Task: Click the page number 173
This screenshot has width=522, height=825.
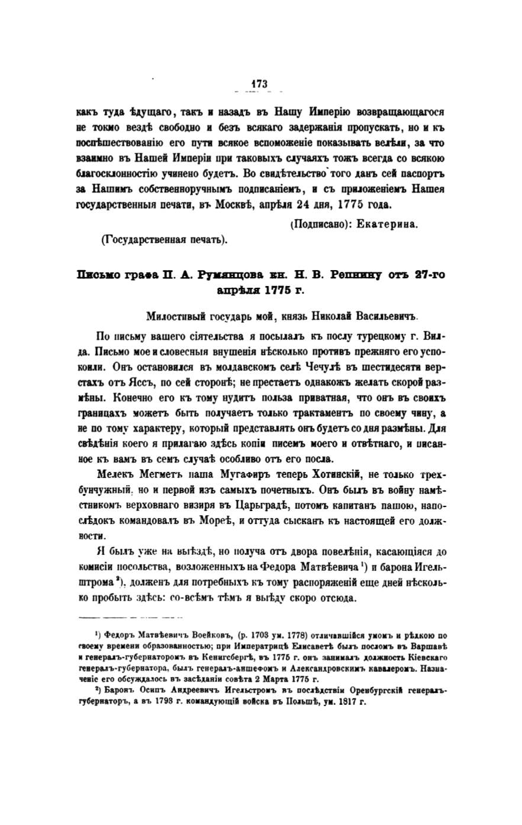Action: point(260,84)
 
